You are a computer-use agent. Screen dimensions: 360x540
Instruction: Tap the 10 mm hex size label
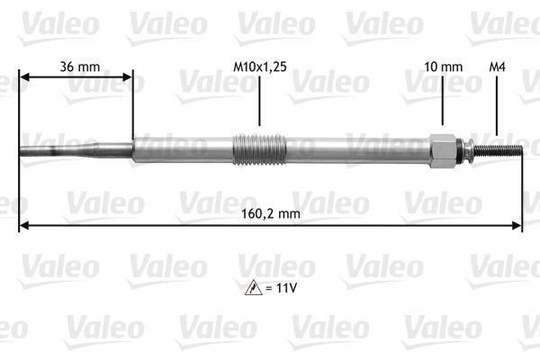[443, 66]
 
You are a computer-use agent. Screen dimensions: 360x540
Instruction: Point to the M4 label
[496, 66]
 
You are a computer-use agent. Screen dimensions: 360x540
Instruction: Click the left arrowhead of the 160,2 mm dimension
[24, 225]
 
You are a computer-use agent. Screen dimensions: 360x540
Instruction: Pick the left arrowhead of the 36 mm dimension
[24, 78]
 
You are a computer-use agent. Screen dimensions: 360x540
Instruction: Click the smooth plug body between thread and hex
[360, 148]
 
